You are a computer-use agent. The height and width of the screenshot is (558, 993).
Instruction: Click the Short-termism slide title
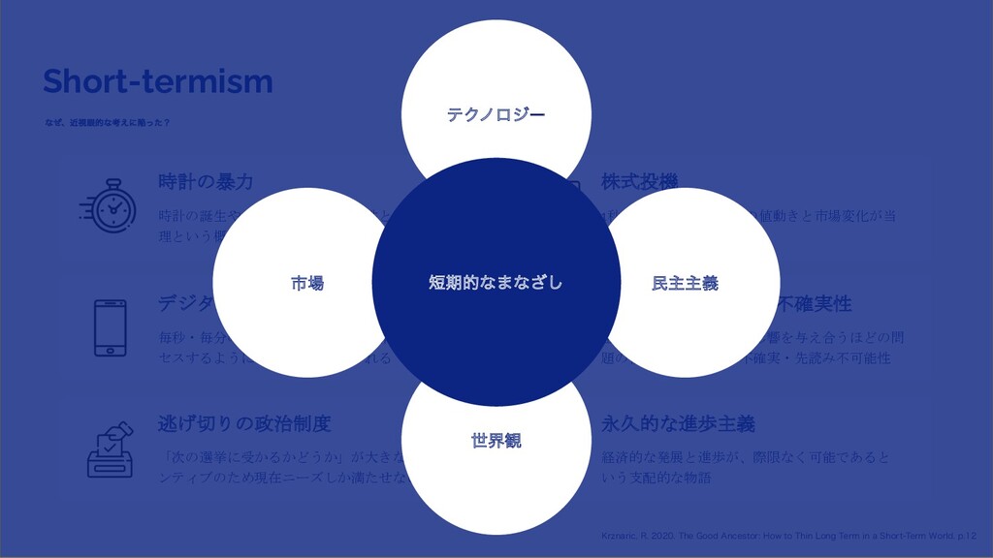point(157,81)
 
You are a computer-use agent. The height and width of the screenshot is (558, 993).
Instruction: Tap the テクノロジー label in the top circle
point(496,115)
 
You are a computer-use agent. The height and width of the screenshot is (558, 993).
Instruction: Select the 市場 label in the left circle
point(307,283)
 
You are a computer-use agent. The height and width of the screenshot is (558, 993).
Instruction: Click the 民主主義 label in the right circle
point(685,283)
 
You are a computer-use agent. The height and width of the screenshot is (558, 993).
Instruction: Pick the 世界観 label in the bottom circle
point(496,441)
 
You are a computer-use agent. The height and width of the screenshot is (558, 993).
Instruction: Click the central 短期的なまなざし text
point(496,283)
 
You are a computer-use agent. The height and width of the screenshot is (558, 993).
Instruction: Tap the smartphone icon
point(110,327)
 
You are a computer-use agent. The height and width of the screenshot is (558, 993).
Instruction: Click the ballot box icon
point(110,449)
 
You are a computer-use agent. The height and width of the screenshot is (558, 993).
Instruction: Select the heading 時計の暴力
point(206,182)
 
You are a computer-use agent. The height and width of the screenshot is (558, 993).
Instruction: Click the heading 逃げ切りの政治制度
point(244,423)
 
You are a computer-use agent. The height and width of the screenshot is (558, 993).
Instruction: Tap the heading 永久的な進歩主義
point(678,424)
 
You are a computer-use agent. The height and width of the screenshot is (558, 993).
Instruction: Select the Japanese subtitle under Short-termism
point(108,123)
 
